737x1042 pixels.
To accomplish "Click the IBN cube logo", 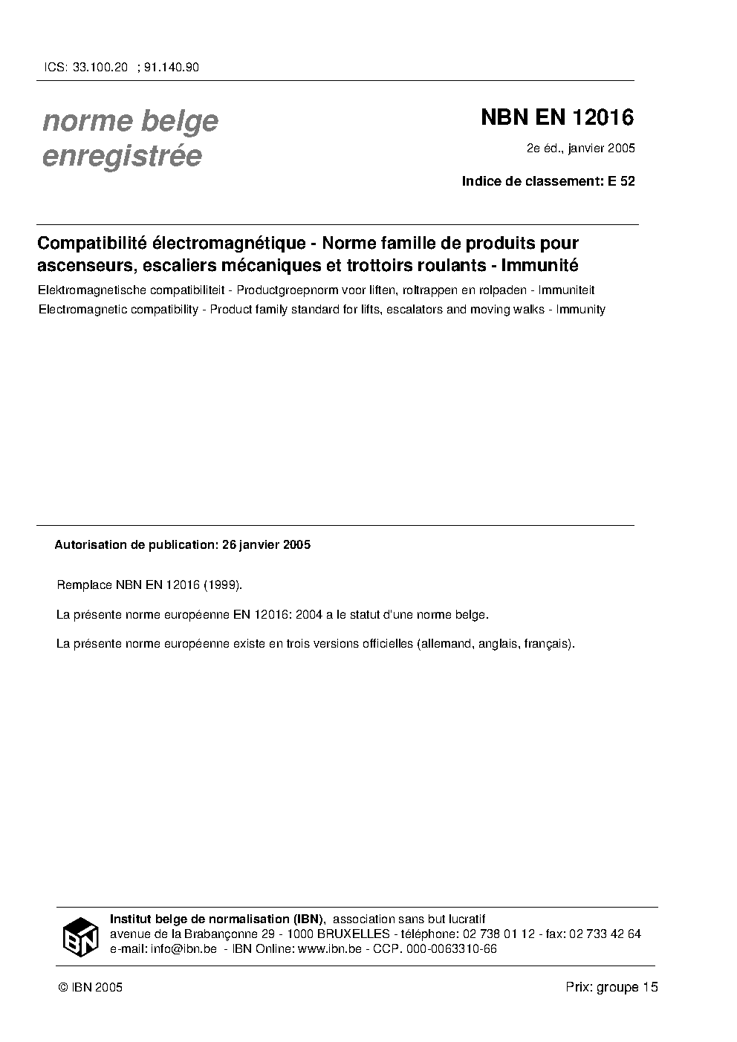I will (79, 937).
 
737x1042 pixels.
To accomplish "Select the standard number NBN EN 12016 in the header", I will (557, 117).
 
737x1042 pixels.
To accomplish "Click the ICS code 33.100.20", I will (100, 68).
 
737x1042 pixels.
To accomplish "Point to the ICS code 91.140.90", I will (171, 68).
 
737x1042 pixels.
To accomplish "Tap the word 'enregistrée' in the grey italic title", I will (122, 156).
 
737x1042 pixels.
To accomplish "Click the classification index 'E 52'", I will (621, 180).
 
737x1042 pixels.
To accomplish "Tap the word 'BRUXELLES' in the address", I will (354, 934).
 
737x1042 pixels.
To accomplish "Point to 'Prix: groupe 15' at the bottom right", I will (611, 987).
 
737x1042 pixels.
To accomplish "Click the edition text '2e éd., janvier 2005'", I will (580, 149).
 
